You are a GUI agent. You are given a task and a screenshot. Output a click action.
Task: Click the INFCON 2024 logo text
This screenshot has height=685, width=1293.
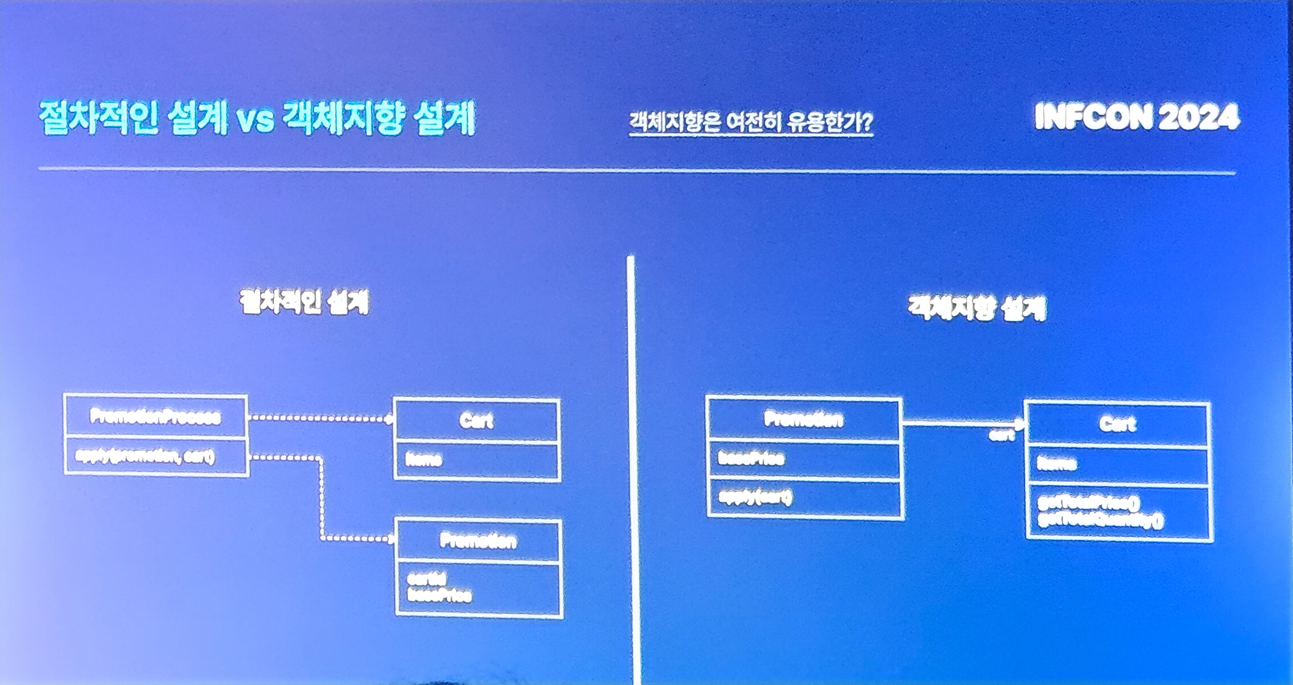point(1136,117)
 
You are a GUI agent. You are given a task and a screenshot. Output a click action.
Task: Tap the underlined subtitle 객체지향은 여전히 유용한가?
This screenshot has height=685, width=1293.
point(750,122)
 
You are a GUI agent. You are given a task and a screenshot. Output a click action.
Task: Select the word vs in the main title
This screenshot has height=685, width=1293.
point(255,119)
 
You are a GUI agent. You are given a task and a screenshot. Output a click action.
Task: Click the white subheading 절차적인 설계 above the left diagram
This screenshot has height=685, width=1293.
point(304,302)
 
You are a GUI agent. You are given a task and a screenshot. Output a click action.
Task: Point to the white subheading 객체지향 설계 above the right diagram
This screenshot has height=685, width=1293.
point(977,308)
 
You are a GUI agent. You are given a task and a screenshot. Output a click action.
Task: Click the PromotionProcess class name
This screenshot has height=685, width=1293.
point(155,417)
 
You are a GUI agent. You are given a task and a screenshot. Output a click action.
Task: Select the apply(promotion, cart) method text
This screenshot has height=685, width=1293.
point(145,456)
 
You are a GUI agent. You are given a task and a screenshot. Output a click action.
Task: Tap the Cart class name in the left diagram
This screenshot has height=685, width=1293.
point(476,421)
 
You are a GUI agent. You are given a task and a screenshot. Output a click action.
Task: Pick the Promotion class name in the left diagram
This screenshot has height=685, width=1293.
point(478,540)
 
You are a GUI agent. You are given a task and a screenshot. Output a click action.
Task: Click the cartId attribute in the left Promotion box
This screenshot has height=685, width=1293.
point(426,579)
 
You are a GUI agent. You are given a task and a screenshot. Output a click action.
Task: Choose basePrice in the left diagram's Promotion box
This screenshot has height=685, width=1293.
point(439,596)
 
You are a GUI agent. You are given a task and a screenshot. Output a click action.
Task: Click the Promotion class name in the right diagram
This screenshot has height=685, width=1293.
point(803,420)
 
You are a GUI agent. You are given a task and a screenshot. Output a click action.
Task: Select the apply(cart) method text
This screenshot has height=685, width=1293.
point(755,498)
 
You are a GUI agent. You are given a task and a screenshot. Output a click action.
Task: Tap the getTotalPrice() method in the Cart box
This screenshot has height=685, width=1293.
point(1089,502)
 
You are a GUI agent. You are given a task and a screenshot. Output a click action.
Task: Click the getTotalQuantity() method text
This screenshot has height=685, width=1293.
point(1100,520)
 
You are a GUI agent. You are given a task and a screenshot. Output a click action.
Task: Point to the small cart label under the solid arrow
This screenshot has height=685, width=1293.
point(1001,436)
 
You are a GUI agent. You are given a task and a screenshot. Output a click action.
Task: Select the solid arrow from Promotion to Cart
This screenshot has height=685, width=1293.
point(962,423)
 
